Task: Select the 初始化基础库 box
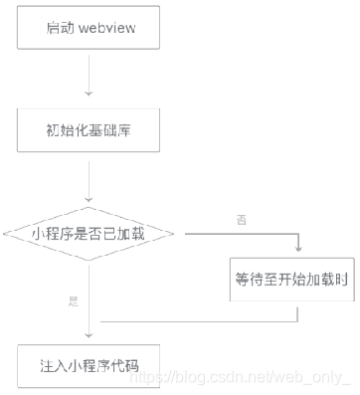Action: tap(89, 129)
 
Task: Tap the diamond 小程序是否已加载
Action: tap(89, 234)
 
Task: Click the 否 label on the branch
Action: tap(241, 218)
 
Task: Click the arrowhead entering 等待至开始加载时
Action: tap(297, 250)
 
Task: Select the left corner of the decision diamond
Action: tap(5, 234)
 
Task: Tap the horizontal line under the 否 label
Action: tap(239, 234)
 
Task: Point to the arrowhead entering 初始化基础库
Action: tap(89, 98)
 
